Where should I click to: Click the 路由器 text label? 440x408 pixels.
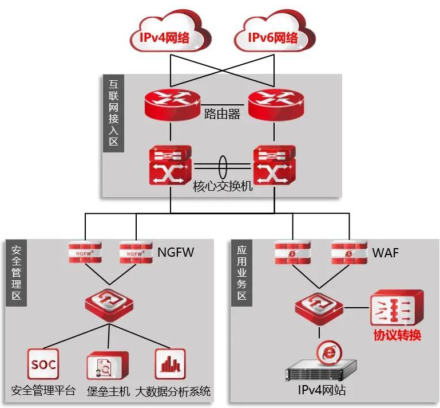[x=222, y=113]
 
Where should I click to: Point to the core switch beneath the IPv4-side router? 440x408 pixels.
[x=171, y=165]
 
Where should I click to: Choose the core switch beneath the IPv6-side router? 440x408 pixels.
[x=274, y=165]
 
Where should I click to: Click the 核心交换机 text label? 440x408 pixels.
[x=223, y=188]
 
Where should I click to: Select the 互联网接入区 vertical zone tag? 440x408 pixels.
[x=114, y=113]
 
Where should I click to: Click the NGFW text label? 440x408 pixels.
[x=176, y=251]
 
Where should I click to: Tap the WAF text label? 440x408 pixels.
[x=386, y=252]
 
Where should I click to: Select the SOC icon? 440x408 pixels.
[x=43, y=364]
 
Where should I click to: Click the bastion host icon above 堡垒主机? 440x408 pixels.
[x=107, y=365]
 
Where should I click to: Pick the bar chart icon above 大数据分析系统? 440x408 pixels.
[x=170, y=364]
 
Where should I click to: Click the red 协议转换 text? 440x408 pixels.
[x=397, y=335]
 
